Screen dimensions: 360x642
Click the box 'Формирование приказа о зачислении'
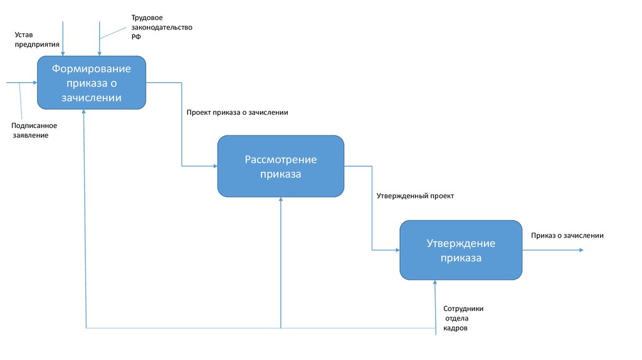coord(92,82)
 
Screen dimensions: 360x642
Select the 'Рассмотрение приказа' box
coord(281,166)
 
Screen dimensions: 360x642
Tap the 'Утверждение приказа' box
coord(461,250)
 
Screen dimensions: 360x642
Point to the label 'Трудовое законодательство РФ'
coord(162,28)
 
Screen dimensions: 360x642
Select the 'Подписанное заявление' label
coord(34,130)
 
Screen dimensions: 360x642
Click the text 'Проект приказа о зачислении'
coord(237,113)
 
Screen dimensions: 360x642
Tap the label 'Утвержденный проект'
coord(415,196)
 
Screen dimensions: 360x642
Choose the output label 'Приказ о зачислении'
coord(567,235)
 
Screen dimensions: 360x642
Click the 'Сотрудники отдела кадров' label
coord(463,318)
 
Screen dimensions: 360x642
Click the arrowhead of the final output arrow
coord(581,250)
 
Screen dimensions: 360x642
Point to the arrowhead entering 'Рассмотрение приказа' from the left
coord(214,166)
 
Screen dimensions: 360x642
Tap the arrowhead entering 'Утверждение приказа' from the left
coord(397,250)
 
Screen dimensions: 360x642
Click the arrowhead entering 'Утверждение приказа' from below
coord(434,283)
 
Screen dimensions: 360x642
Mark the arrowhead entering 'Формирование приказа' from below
coord(85,112)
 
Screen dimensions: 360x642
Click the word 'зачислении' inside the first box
coord(92,98)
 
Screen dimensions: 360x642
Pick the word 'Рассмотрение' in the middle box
coord(281,160)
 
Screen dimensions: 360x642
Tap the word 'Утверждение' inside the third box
coord(461,243)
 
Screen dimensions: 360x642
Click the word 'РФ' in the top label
coord(136,37)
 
